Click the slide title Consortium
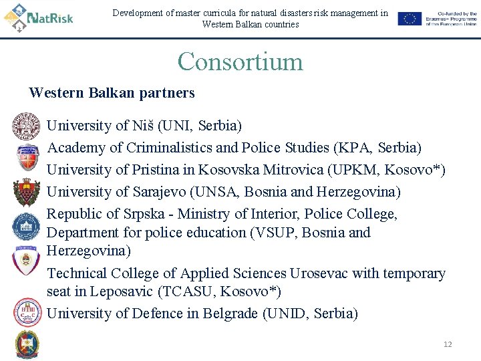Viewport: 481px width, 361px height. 240,62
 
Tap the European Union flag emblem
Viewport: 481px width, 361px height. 409,19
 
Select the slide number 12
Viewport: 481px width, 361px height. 448,344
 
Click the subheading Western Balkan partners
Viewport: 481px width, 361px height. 112,93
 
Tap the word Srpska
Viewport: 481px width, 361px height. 145,214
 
